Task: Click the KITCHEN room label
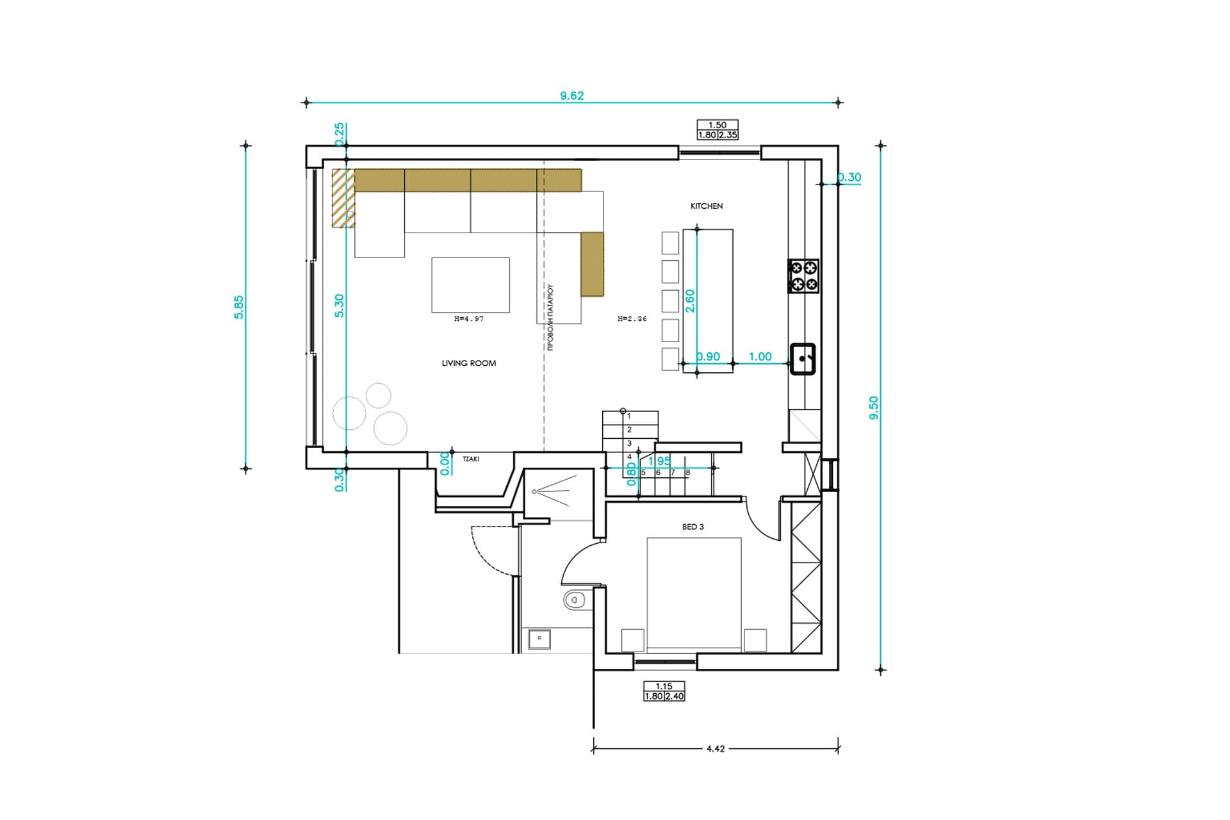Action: [x=706, y=206]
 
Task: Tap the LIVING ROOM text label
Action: [x=469, y=363]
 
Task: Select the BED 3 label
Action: [x=693, y=527]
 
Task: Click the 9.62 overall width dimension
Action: [x=571, y=95]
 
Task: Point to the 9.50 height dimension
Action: [x=874, y=408]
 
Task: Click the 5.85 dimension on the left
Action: [x=238, y=307]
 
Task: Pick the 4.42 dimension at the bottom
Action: [x=715, y=748]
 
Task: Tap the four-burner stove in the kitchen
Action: [x=803, y=276]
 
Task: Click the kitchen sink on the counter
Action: [x=803, y=359]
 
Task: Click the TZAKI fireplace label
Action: [x=471, y=459]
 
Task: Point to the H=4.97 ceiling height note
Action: [x=468, y=318]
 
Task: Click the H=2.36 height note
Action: [x=632, y=318]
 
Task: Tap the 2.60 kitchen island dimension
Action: [x=690, y=301]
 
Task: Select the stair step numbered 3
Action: [x=629, y=443]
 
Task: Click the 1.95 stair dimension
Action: [x=659, y=461]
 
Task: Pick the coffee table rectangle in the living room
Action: [x=470, y=285]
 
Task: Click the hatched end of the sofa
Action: [x=343, y=198]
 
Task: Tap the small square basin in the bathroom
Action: [x=539, y=638]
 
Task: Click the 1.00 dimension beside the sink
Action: [x=760, y=357]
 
